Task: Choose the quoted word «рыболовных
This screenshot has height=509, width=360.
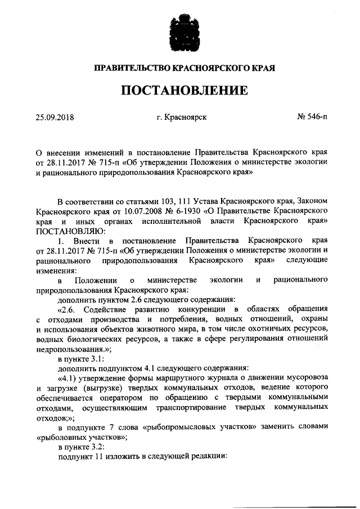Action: point(61,438)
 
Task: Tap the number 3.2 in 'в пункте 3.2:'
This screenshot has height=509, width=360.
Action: point(105,448)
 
